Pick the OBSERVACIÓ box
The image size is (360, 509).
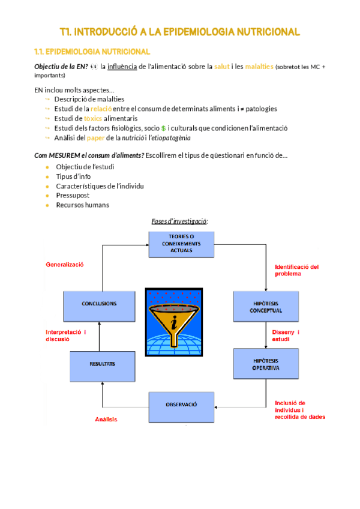point(181,405)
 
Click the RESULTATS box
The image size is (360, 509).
point(103,364)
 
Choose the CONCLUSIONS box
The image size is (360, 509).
point(98,304)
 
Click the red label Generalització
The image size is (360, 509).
point(65,264)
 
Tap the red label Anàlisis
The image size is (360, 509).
point(106,420)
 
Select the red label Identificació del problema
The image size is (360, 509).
point(296,270)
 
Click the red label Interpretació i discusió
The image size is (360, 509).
point(66,335)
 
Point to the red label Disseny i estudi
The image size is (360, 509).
point(286,336)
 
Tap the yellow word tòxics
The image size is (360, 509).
point(92,118)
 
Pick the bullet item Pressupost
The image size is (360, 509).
point(73,195)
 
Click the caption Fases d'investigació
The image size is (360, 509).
point(179,221)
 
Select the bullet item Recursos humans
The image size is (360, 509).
point(82,205)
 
